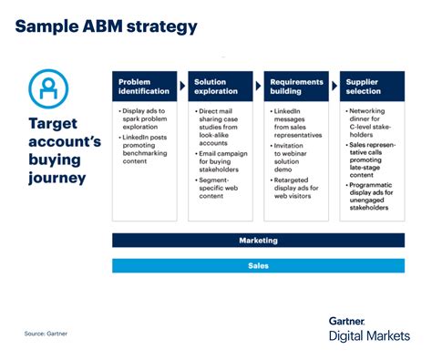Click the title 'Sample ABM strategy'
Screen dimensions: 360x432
click(106, 26)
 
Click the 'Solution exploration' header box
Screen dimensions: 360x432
click(220, 87)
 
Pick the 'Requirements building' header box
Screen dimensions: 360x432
click(296, 87)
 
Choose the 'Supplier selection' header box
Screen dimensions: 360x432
click(372, 87)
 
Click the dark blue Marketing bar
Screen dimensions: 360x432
click(258, 241)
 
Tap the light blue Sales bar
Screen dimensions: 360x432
click(258, 266)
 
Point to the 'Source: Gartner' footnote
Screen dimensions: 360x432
click(46, 334)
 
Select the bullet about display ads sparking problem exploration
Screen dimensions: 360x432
click(146, 119)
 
